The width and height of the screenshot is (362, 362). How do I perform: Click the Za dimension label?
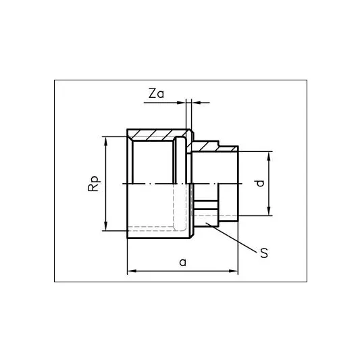156,93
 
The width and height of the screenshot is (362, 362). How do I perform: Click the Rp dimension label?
94,184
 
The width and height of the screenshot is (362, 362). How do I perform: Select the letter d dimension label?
261,183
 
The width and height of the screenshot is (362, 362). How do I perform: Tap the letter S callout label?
264,253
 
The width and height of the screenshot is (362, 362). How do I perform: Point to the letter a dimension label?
182,263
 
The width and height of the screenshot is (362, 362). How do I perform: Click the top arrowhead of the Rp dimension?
106,141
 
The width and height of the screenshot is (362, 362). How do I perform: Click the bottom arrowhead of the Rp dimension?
106,226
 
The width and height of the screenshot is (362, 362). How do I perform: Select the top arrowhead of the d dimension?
269,156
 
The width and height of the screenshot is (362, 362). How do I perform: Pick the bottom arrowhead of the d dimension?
269,211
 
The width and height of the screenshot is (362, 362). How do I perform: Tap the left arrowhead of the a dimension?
132,271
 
